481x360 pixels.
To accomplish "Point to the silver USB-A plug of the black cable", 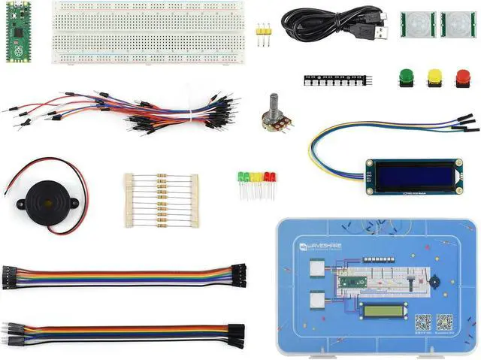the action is (x=380, y=32).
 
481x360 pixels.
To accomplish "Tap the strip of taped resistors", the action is (x=161, y=200).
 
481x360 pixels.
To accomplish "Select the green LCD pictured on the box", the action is (x=384, y=310).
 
